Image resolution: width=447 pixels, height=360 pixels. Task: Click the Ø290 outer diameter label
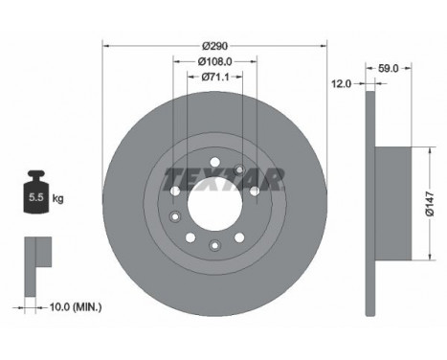(x=215, y=46)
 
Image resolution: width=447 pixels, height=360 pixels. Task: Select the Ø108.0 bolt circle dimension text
(x=215, y=61)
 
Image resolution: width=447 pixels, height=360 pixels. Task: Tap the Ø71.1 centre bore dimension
(x=215, y=77)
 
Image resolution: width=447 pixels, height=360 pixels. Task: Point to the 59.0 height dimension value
(x=389, y=68)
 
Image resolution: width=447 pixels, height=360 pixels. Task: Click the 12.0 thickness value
(x=341, y=84)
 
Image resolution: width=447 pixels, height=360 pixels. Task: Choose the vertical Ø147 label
(x=430, y=204)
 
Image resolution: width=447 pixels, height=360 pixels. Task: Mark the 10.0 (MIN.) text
(x=76, y=307)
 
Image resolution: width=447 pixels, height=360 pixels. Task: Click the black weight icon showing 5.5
(x=36, y=191)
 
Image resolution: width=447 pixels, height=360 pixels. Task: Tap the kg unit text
(x=57, y=199)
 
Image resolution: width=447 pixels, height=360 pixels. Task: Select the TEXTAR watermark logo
(x=223, y=179)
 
